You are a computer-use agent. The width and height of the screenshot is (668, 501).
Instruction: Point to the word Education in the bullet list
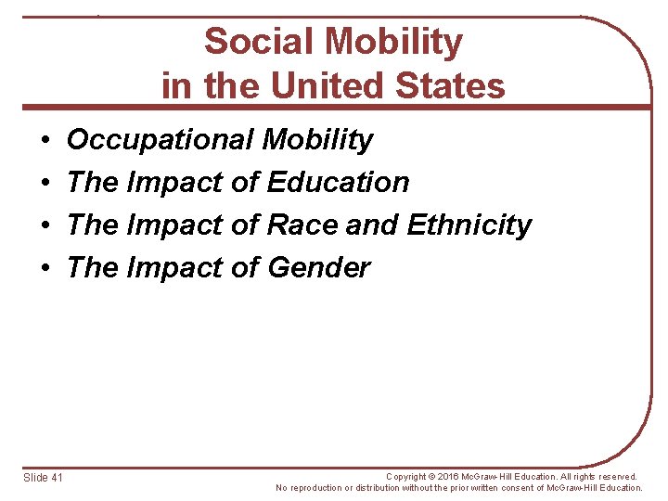pyautogui.click(x=338, y=182)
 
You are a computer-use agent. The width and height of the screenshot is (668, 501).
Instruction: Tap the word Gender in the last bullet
pyautogui.click(x=318, y=267)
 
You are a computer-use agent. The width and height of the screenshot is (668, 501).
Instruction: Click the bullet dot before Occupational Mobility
pyautogui.click(x=45, y=141)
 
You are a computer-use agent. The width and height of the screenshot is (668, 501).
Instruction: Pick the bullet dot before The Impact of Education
pyautogui.click(x=45, y=184)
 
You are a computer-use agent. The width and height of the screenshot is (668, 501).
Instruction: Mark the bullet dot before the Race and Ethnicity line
pyautogui.click(x=45, y=226)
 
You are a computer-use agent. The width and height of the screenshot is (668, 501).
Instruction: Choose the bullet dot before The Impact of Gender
pyautogui.click(x=45, y=269)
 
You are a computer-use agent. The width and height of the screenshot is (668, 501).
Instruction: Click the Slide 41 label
pyautogui.click(x=43, y=477)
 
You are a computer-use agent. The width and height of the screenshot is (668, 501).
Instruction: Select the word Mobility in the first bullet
pyautogui.click(x=317, y=140)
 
